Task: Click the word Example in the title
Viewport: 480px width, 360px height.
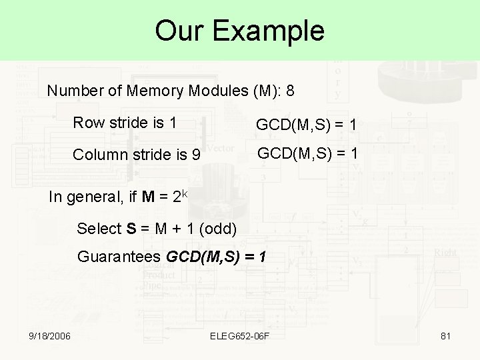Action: (275, 31)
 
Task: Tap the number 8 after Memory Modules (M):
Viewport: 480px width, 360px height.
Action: (290, 91)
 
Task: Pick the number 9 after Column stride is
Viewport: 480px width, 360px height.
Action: (195, 155)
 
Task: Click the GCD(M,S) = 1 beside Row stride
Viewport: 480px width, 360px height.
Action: (307, 125)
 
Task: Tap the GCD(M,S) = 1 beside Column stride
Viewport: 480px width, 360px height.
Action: (307, 154)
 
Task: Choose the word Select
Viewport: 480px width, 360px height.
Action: (98, 229)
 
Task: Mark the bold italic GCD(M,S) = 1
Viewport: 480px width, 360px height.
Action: (217, 257)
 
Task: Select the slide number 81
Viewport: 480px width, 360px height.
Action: (446, 336)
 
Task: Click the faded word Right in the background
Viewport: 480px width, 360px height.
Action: (445, 253)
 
